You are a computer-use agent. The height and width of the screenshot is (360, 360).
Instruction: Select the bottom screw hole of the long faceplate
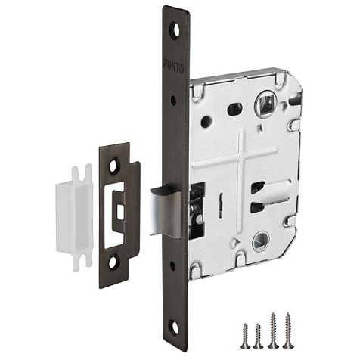pyautogui.click(x=173, y=326)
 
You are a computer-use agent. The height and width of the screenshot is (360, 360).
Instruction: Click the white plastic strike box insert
pyautogui.click(x=74, y=218)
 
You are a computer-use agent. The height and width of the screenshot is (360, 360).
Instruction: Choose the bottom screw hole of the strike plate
pyautogui.click(x=113, y=262)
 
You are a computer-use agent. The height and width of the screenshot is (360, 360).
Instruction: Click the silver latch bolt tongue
pyautogui.click(x=165, y=211)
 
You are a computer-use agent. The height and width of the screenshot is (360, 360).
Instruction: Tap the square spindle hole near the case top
pyautogui.click(x=265, y=104)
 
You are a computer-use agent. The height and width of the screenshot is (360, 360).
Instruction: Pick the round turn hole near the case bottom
pyautogui.click(x=261, y=241)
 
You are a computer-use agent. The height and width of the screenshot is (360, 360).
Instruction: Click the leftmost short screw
pyautogui.click(x=246, y=336)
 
